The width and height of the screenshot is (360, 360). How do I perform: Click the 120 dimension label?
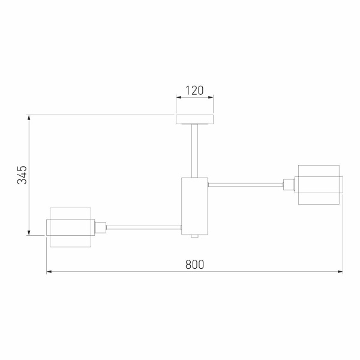tap(194, 91)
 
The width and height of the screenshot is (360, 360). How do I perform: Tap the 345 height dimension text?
tap(22, 175)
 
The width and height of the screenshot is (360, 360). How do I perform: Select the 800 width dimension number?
tap(194, 265)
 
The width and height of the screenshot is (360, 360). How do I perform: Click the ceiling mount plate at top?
tap(194, 119)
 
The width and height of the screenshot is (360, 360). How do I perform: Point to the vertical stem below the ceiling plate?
tap(194, 151)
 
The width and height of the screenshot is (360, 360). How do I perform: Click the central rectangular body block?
tap(194, 206)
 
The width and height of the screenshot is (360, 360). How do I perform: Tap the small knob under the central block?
tap(194, 236)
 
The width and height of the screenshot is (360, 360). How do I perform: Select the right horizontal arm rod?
tap(245, 185)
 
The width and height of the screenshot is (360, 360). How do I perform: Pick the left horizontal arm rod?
tap(144, 227)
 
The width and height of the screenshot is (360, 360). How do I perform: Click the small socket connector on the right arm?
tap(289, 185)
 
